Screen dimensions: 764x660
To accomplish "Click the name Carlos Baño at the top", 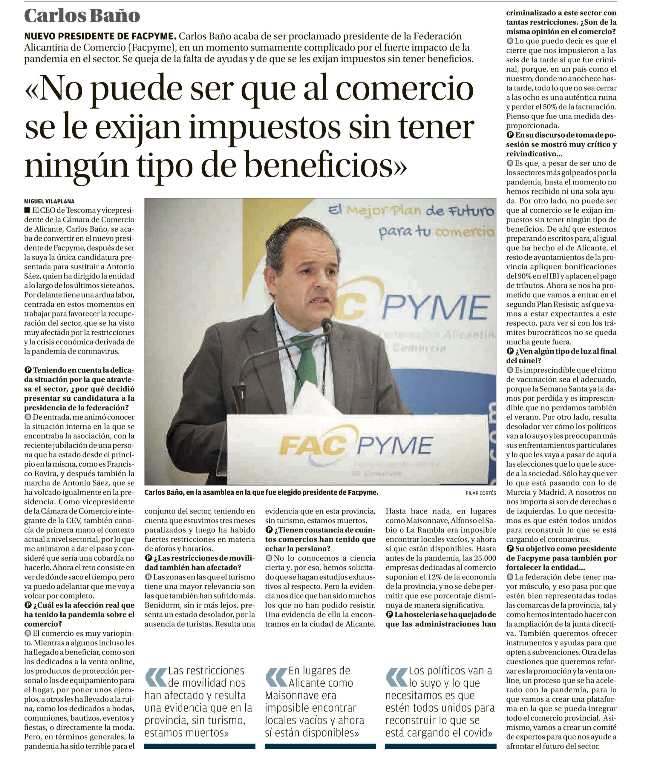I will pos(82,16).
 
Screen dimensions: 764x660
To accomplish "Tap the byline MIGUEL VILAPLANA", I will pos(49,201).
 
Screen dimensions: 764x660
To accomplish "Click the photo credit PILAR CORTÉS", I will pos(480,493).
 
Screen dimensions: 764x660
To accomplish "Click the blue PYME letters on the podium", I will pos(394,445).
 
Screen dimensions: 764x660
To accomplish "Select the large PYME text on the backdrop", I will pos(436,308).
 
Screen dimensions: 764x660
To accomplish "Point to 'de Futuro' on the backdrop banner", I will pos(459,211).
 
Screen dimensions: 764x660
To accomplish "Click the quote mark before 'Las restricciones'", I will pos(156,677).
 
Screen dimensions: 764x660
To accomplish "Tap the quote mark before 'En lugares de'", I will pos(276,677).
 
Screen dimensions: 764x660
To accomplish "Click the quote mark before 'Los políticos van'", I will pos(396,677).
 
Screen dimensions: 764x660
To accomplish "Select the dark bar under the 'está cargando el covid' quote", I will pos(440,746).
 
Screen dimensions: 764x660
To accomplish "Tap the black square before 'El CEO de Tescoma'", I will pos(27,210).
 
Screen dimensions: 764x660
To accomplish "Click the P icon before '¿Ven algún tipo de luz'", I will pos(510,351).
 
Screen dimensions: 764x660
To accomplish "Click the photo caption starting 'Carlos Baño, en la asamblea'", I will pos(261,492).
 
